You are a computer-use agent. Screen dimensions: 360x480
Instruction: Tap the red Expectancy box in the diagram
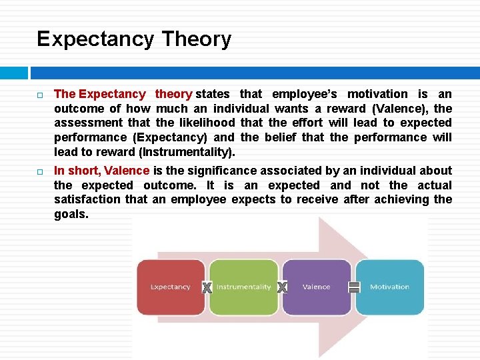click(x=170, y=287)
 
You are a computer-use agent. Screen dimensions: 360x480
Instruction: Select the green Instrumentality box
click(x=243, y=287)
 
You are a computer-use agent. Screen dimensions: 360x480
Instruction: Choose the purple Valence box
click(x=316, y=287)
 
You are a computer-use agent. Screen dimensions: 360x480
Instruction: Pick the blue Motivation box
click(x=389, y=287)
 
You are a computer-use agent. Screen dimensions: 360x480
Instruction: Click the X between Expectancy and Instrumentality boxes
click(x=207, y=287)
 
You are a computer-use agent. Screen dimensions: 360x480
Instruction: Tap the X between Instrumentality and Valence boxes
click(x=282, y=287)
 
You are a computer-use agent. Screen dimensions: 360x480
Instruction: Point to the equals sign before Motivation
click(x=354, y=287)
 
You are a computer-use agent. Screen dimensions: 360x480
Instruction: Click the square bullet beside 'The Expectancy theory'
click(x=40, y=95)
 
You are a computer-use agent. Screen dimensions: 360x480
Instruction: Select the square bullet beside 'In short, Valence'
click(x=40, y=171)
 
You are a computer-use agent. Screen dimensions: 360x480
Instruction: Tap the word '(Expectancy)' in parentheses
click(x=170, y=137)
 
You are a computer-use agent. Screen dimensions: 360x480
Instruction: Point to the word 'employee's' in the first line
click(x=305, y=94)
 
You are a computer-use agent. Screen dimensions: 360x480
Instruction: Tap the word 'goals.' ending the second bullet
click(x=71, y=214)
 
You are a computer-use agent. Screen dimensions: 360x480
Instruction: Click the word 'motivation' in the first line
click(x=377, y=94)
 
